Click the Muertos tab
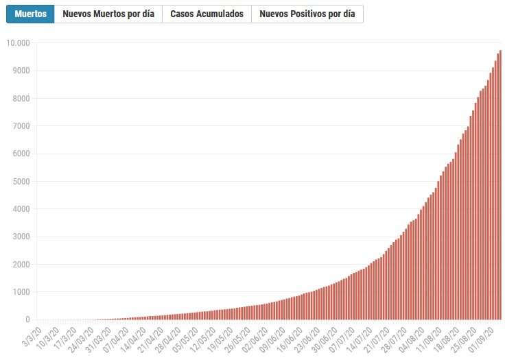(x=31, y=14)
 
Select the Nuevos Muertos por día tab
(x=108, y=14)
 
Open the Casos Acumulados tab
(x=207, y=14)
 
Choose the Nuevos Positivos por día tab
(x=307, y=14)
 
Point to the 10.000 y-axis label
(x=18, y=43)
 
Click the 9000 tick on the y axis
(x=21, y=71)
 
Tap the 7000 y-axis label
(x=21, y=126)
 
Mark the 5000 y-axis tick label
(x=21, y=181)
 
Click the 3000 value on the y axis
(x=21, y=237)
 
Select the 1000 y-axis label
(x=21, y=292)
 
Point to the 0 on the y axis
(x=27, y=320)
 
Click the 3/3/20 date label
(x=32, y=336)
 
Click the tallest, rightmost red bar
(x=500, y=185)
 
